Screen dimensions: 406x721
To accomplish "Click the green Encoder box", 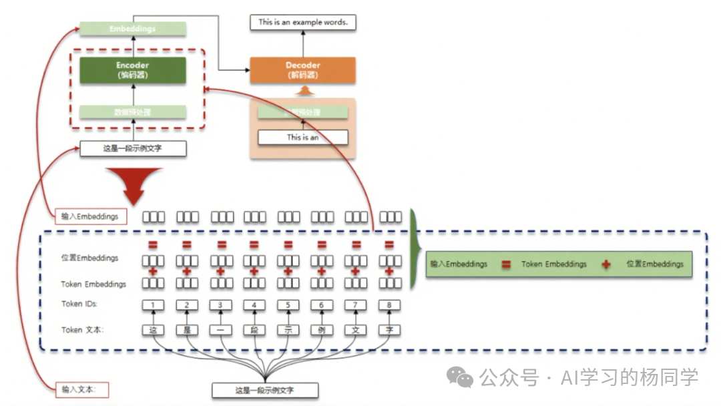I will (132, 70).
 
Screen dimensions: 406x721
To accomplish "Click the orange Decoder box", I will (302, 70).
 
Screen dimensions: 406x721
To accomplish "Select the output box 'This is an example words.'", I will (302, 22).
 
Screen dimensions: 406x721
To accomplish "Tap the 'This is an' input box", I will (302, 138).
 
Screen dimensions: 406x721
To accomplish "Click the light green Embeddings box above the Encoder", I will (132, 29).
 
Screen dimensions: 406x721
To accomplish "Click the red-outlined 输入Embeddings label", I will (90, 216).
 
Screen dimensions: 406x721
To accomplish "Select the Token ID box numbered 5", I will (288, 305).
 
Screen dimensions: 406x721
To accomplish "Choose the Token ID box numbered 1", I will (154, 305).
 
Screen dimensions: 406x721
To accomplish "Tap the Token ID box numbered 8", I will (390, 305).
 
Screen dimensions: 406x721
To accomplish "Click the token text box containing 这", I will (154, 329).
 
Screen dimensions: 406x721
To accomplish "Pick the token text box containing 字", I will (390, 329).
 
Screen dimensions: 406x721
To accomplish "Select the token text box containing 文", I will (356, 329).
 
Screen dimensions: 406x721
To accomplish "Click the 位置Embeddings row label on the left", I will (89, 258).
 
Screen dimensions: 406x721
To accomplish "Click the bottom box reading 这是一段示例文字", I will (265, 390).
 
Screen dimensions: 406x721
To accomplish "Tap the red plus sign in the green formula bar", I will (606, 264).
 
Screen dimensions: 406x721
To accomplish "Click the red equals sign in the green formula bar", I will (506, 264).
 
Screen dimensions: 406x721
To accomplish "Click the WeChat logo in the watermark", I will (459, 377).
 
